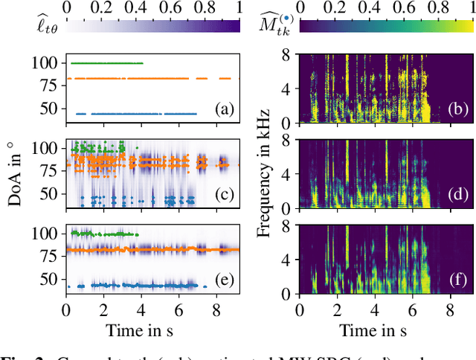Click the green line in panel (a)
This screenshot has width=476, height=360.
[x=104, y=63]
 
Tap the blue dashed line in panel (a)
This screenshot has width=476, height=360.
[x=134, y=114]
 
